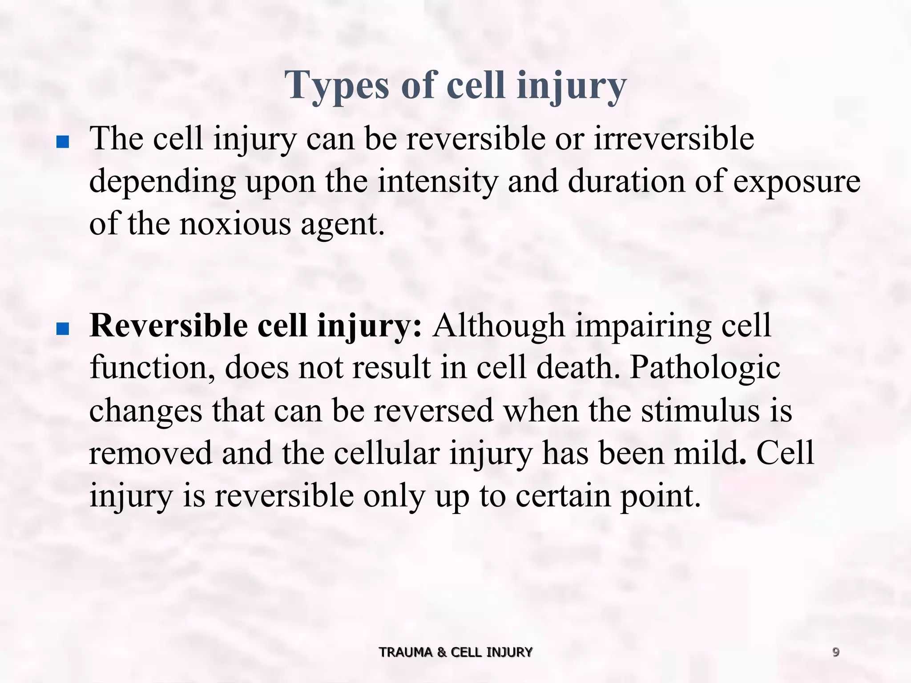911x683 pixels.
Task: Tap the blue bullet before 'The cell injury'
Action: pos(63,143)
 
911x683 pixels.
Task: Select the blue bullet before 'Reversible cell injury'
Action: pos(63,329)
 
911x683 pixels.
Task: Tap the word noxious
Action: pos(235,224)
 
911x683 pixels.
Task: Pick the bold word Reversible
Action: pos(169,325)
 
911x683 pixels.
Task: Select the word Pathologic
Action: pos(705,369)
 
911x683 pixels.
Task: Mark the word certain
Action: pos(563,495)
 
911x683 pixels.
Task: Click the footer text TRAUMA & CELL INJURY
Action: pos(455,652)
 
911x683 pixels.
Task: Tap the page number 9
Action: pos(836,652)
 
